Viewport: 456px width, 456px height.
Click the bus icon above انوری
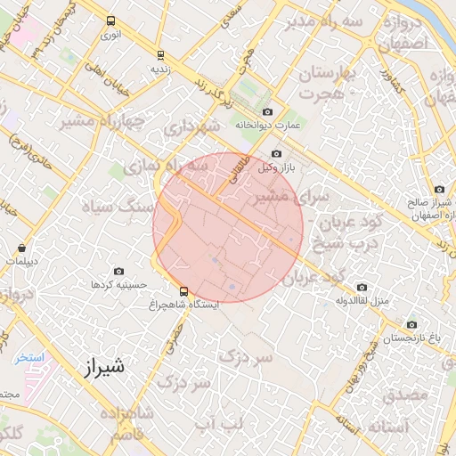110,20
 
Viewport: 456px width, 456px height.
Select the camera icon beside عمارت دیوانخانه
280,112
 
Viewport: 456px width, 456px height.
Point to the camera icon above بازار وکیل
276,154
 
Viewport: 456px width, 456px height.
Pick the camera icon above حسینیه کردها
119,271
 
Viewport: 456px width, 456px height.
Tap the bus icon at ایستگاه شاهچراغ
183,290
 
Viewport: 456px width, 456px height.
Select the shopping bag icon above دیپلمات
21,248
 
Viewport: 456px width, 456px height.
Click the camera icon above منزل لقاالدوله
362,287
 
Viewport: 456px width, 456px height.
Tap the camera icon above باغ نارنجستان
411,325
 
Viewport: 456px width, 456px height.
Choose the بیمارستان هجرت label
324,83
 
